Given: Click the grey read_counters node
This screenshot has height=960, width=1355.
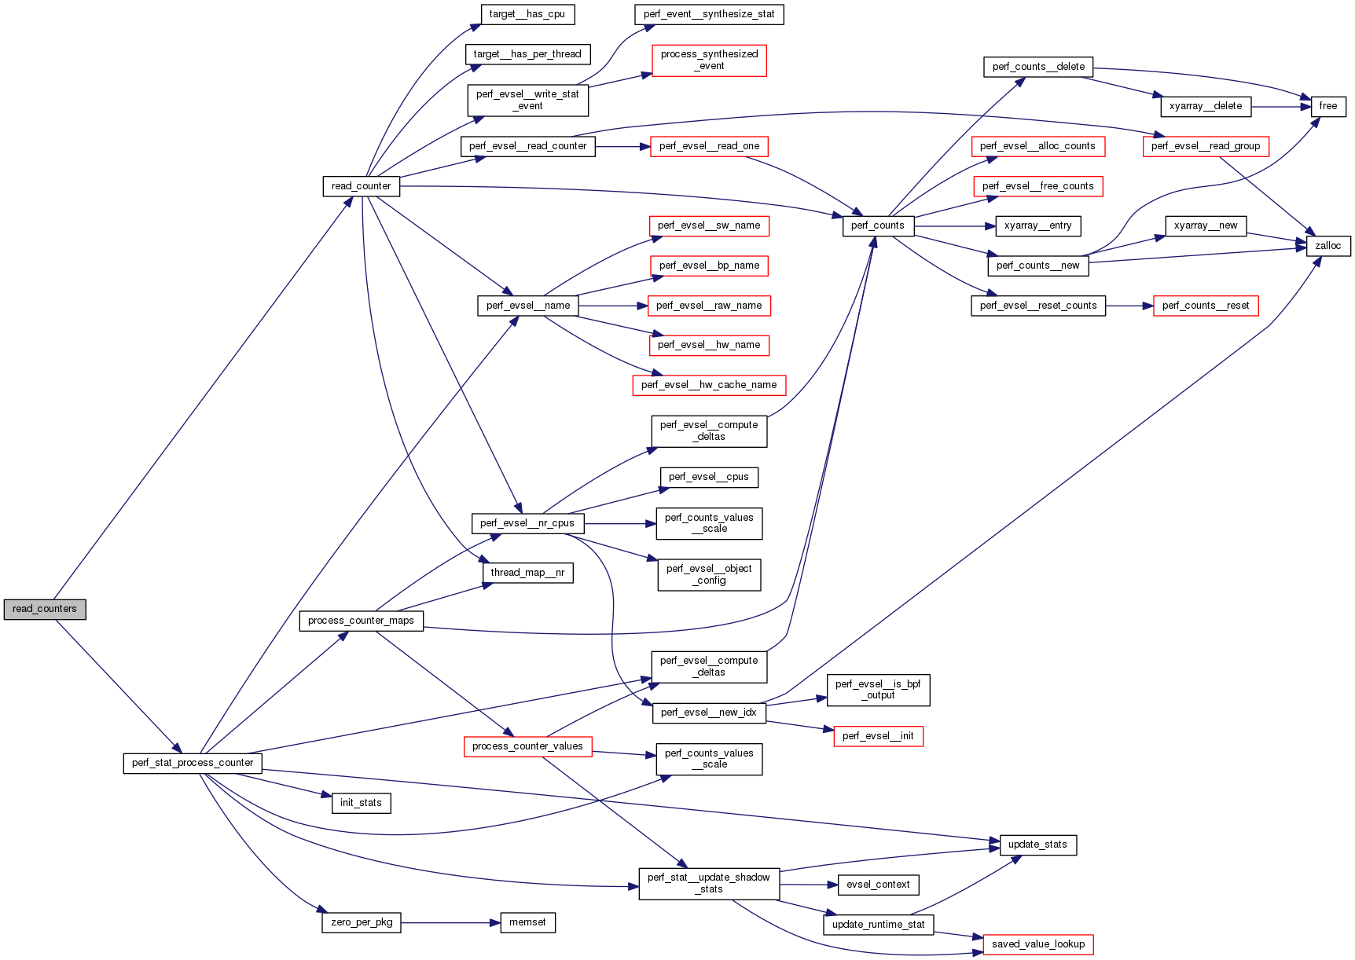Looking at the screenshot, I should (x=45, y=609).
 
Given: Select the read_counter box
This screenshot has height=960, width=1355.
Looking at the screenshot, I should (x=361, y=186).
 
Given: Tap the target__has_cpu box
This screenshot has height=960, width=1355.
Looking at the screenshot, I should (x=527, y=14).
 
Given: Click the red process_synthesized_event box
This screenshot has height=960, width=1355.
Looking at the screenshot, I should (x=709, y=60).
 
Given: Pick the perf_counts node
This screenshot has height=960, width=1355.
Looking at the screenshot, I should (x=877, y=225).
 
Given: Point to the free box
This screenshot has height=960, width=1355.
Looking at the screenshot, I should (x=1327, y=106).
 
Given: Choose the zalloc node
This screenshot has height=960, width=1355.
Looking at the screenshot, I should (x=1327, y=246).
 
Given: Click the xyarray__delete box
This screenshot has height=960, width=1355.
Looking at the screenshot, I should (x=1205, y=106).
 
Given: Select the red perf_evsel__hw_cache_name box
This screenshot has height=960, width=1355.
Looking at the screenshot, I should (x=708, y=385).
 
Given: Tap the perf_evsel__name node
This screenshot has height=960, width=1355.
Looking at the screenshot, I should (x=527, y=306).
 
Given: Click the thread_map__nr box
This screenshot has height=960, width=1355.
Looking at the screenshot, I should (x=527, y=573).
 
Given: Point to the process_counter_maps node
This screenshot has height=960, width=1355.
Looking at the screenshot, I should (x=361, y=621).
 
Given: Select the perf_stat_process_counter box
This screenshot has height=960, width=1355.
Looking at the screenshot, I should (x=193, y=763).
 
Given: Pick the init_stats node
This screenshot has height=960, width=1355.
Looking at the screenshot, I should (x=361, y=803).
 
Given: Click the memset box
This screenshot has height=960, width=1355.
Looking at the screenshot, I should (x=527, y=922).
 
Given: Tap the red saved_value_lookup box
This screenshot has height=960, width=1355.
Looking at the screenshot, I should (x=1037, y=944).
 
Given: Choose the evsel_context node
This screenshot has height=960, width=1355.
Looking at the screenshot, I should (x=877, y=885).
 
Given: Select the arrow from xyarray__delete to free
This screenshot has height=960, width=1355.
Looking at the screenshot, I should (x=1281, y=106).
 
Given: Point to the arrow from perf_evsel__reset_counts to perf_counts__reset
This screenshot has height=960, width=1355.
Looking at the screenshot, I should (x=1129, y=306).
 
